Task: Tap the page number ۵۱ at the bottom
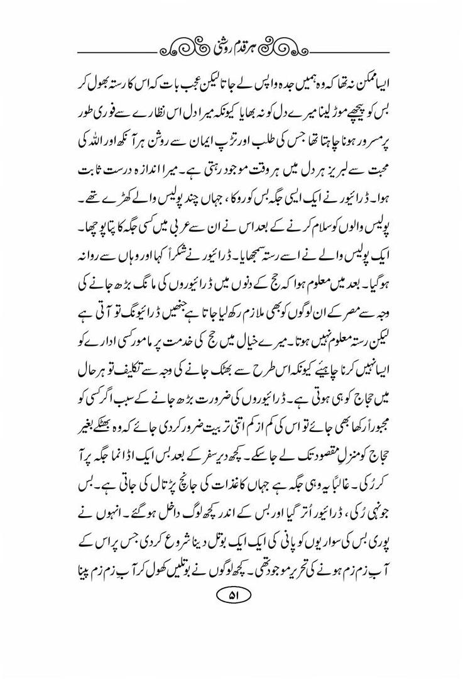pyautogui.click(x=232, y=593)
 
